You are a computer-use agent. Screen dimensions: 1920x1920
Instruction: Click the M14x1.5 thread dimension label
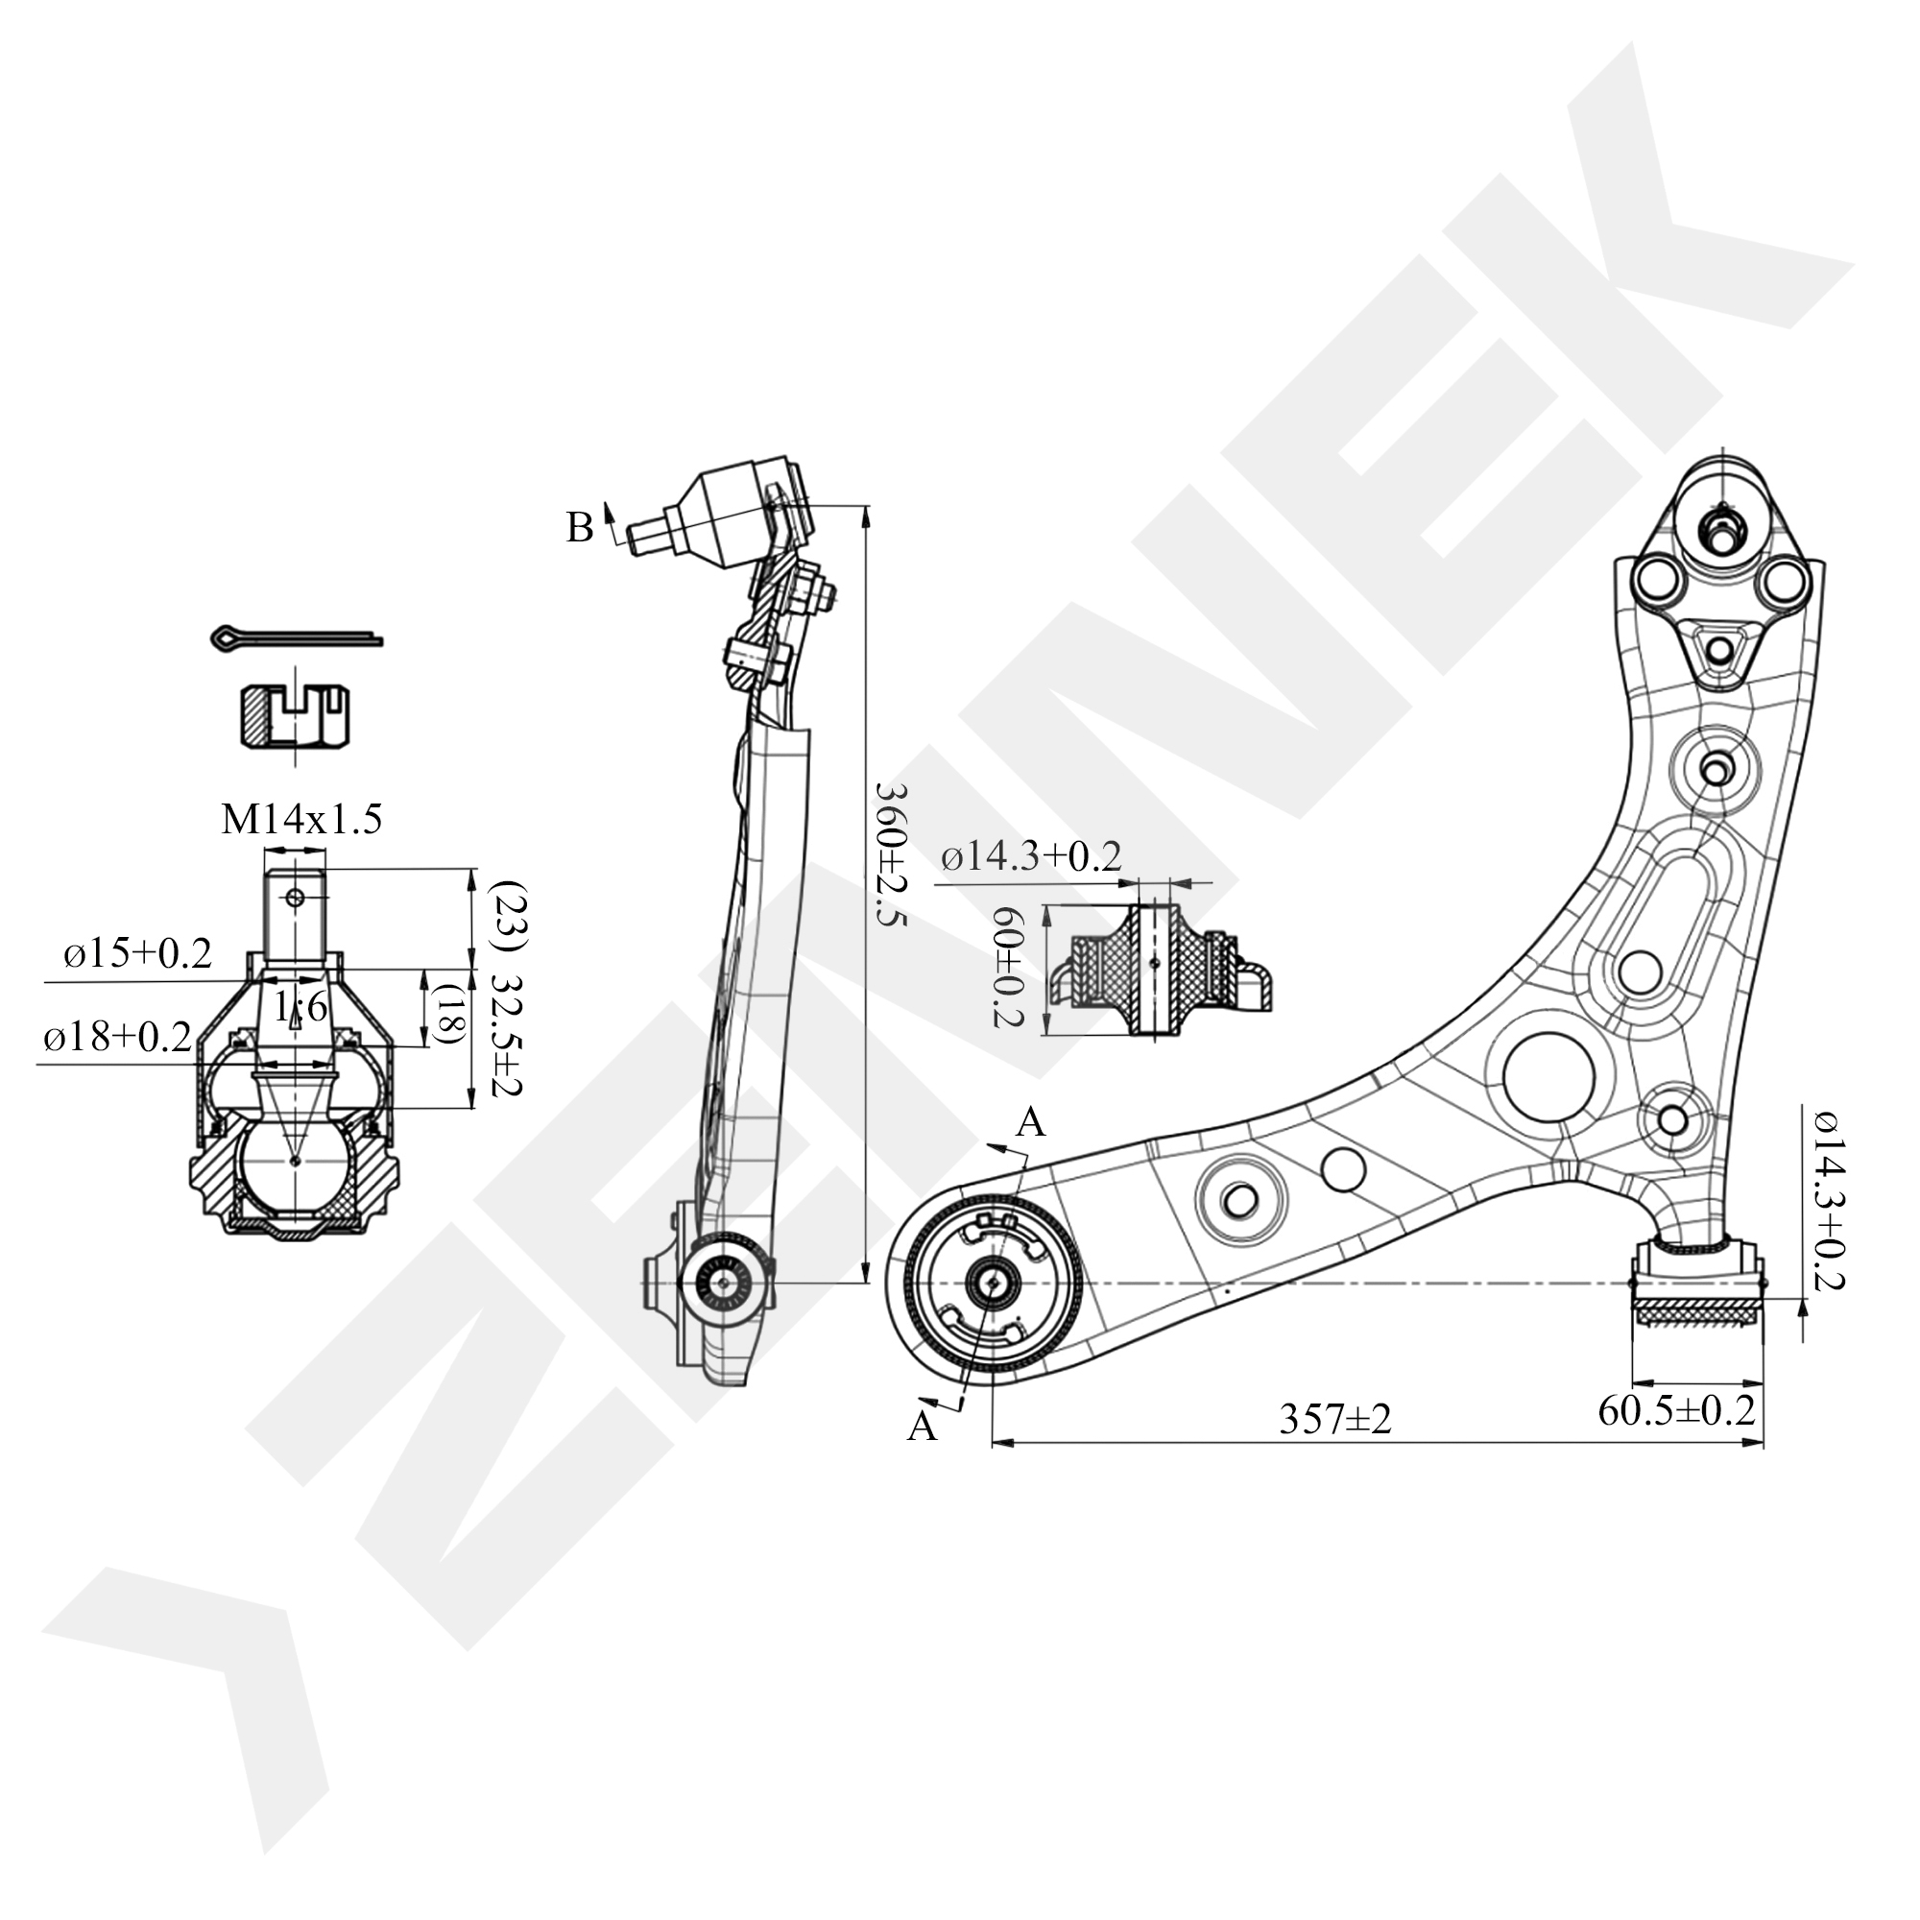point(301,820)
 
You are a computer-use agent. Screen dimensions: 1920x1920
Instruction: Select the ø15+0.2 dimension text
point(138,954)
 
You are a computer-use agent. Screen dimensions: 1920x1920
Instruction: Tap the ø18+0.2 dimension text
point(117,1039)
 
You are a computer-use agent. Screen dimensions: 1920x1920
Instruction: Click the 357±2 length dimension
point(1334,1420)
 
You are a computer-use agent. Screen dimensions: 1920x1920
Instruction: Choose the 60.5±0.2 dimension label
point(1676,1410)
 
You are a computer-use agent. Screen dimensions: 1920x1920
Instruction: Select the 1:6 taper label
point(301,1008)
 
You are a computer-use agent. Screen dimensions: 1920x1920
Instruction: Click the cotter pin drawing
point(296,636)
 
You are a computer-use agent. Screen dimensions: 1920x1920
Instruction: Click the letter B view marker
point(580,528)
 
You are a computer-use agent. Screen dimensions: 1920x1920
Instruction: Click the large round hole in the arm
point(1548,1078)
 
